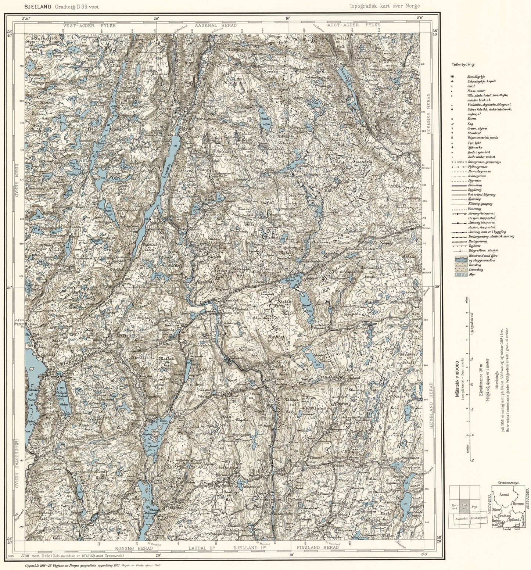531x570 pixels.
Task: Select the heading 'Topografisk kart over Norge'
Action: [385, 6]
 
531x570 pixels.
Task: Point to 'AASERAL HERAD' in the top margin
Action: [215, 25]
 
